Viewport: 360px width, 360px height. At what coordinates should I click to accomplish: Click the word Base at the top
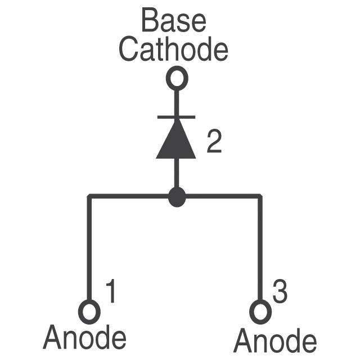tap(174, 20)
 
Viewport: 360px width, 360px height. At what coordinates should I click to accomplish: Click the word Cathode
tap(173, 49)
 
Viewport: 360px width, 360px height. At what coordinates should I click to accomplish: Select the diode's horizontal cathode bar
tap(176, 117)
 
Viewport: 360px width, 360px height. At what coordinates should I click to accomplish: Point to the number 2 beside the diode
tap(214, 141)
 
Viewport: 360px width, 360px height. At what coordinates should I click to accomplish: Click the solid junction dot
tap(177, 197)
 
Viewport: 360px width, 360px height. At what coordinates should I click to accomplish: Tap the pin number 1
tap(111, 291)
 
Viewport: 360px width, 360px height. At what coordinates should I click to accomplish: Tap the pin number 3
tap(280, 291)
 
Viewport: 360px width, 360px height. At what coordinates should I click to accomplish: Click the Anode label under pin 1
tap(84, 337)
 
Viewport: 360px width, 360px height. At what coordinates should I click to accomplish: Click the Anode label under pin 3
tap(275, 340)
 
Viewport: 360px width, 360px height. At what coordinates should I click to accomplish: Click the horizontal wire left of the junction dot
tap(129, 196)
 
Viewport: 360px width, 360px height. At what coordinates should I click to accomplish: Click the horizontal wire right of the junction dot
tap(223, 196)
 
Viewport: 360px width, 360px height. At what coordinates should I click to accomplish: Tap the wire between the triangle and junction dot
tap(176, 173)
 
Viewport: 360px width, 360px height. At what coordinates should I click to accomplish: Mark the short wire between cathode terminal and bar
tap(176, 103)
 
